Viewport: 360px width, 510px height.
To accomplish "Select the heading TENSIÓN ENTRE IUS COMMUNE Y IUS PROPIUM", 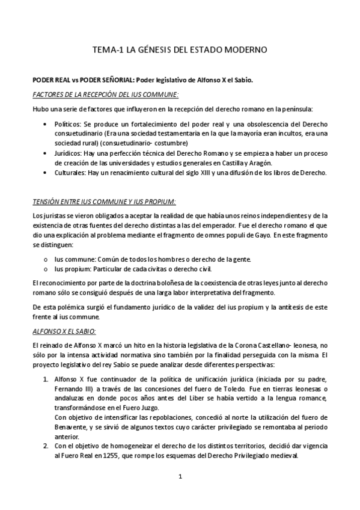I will (x=104, y=200).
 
